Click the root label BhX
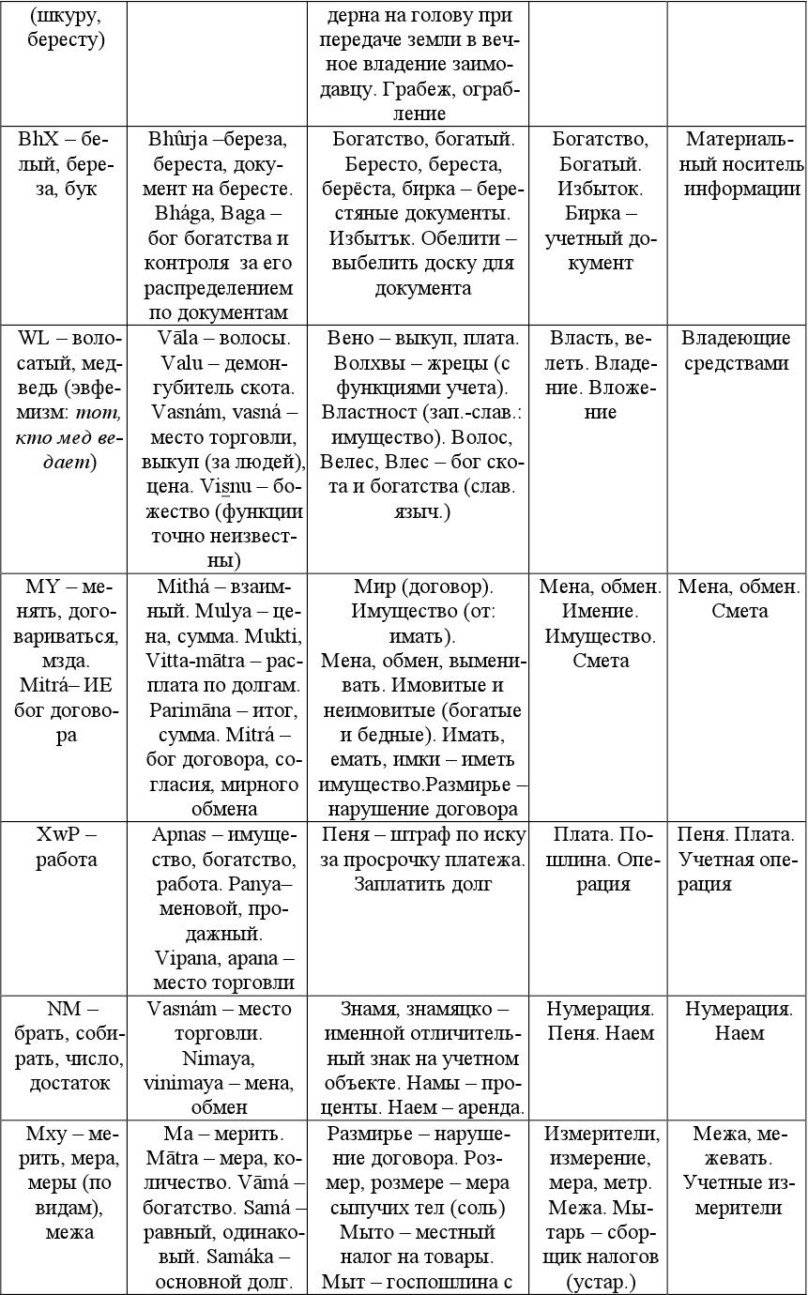[x=38, y=139]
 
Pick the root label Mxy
[x=45, y=1133]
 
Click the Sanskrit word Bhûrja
[x=176, y=139]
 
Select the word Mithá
[x=182, y=587]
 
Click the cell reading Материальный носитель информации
[x=736, y=163]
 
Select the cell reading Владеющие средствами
[x=736, y=350]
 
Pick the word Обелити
[x=469, y=238]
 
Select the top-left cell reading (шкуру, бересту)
[x=61, y=27]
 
